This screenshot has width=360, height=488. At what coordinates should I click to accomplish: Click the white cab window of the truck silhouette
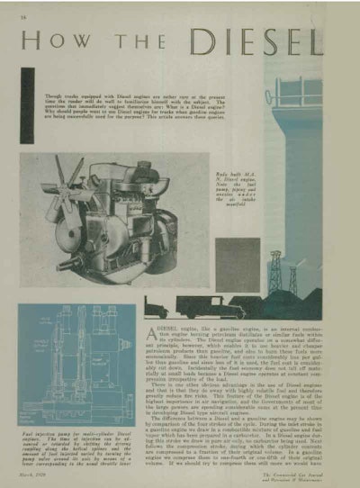[x=223, y=303]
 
